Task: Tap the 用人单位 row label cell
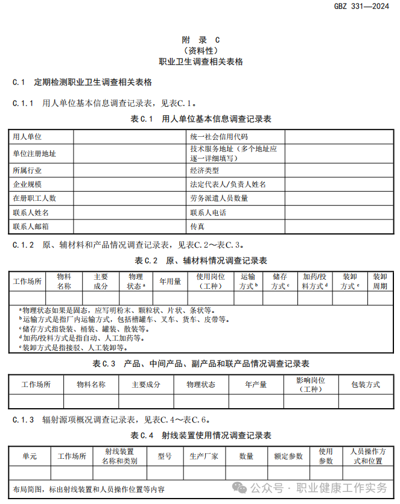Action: [x=27, y=137]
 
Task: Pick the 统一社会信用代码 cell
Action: [x=218, y=137]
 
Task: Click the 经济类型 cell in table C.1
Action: [x=205, y=171]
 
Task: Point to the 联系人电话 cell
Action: [x=208, y=213]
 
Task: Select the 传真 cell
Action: [x=197, y=227]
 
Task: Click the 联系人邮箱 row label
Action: [x=31, y=227]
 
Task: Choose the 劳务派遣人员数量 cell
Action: [x=218, y=198]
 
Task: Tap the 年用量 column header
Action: [x=170, y=282]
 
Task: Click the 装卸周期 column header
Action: [x=379, y=282]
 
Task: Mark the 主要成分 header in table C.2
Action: [x=101, y=282]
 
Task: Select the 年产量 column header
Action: [x=256, y=385]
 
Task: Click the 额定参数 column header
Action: [x=288, y=456]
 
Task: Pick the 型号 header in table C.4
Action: [x=165, y=456]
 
